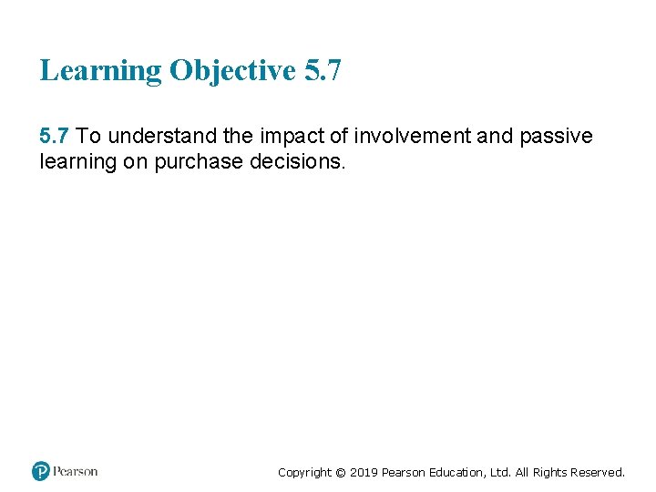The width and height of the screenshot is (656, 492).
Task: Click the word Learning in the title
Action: (x=100, y=71)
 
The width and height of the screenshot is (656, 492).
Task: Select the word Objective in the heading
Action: (x=232, y=71)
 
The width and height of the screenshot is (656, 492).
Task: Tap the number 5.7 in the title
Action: (x=323, y=69)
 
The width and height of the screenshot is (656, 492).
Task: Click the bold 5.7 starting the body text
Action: (x=55, y=137)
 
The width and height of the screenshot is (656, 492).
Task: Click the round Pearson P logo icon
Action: (x=40, y=471)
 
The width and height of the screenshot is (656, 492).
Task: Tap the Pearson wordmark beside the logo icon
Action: (x=75, y=471)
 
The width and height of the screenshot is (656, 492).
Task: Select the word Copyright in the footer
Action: (x=304, y=472)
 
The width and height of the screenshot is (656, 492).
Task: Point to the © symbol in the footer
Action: (x=341, y=472)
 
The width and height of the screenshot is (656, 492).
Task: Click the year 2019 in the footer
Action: (x=364, y=472)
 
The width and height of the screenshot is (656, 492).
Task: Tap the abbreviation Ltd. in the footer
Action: (x=506, y=472)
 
